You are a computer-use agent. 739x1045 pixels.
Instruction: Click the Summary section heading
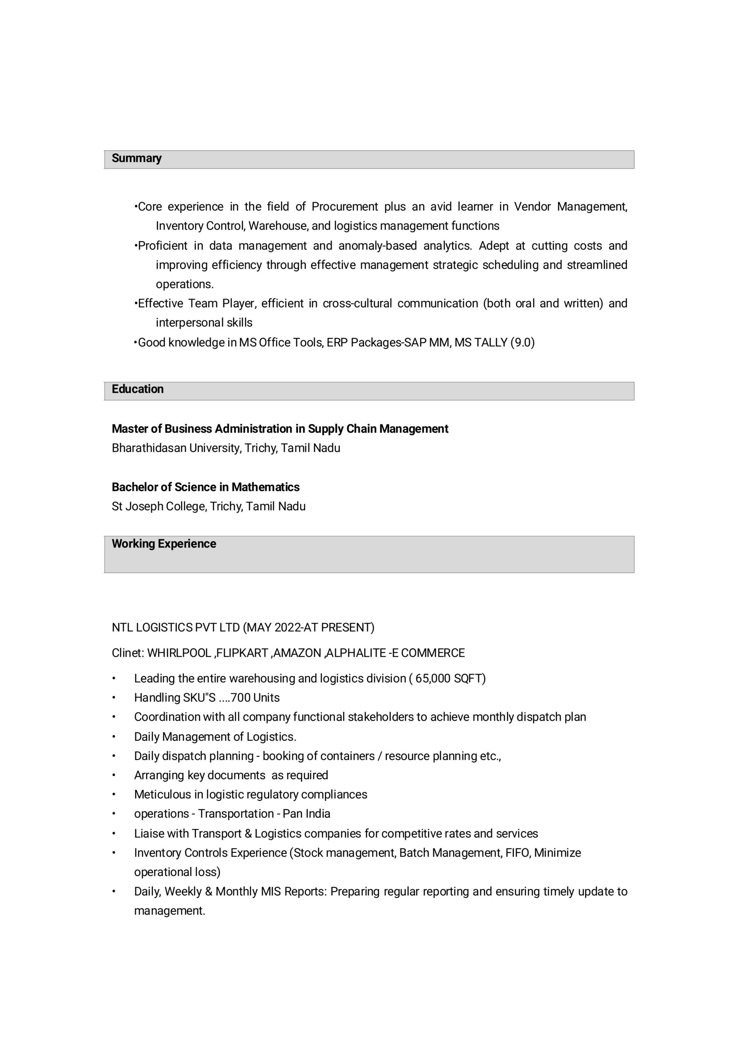click(x=137, y=158)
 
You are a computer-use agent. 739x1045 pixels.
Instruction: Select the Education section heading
click(x=138, y=389)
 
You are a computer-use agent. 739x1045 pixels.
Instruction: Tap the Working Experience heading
click(x=164, y=544)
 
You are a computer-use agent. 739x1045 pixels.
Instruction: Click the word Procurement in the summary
click(x=345, y=207)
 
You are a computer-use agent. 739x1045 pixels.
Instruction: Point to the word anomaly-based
click(x=378, y=246)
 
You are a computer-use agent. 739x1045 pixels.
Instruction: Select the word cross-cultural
click(x=357, y=304)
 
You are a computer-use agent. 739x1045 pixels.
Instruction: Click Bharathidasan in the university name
click(x=149, y=448)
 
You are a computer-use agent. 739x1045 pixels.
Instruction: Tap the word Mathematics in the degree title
click(x=265, y=487)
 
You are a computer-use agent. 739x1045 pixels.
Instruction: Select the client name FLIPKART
click(x=242, y=653)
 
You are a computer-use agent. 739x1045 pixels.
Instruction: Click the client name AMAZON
click(x=297, y=653)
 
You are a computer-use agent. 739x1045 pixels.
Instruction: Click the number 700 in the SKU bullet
click(x=240, y=698)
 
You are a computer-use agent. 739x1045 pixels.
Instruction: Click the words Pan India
click(x=307, y=814)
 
